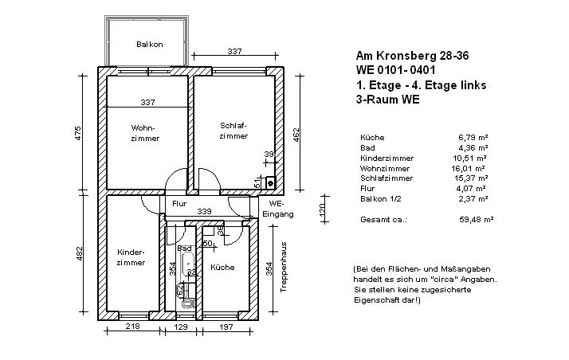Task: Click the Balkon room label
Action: tap(150, 45)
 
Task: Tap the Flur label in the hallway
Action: tap(179, 204)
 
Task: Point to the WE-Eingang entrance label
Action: tap(278, 209)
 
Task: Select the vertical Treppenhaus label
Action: tap(284, 267)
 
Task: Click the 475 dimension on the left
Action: tap(77, 133)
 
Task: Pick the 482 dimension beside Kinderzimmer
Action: tap(80, 253)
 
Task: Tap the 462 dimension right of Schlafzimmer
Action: tap(296, 135)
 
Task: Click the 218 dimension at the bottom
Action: tap(133, 327)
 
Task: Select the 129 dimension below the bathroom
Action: tap(180, 327)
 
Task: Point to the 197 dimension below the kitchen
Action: tap(226, 327)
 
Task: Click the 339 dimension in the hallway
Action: tap(204, 211)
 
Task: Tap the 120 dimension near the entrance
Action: tap(323, 209)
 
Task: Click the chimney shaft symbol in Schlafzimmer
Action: tap(270, 182)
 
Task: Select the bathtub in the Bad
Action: tap(188, 264)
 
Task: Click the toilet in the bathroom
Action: tap(188, 303)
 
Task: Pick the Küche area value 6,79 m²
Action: tap(473, 138)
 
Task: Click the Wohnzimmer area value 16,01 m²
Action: tap(468, 169)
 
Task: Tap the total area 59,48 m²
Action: tap(476, 220)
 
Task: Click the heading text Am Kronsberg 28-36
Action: tap(412, 56)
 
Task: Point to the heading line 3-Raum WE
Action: tap(387, 100)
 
